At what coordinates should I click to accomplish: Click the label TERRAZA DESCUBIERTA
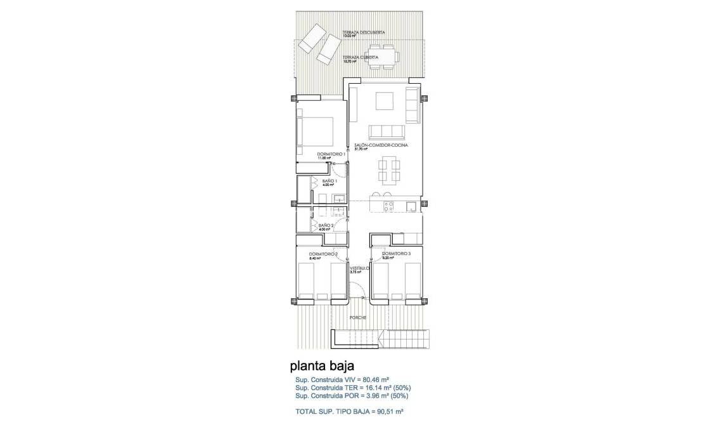tap(363, 32)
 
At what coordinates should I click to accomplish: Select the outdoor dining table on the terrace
tap(383, 56)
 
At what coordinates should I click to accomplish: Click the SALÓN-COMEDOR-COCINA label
tap(381, 145)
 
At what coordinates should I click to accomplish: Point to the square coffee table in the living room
tap(384, 102)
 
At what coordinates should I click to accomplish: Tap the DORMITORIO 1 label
tap(331, 154)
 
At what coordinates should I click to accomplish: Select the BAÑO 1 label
tap(329, 181)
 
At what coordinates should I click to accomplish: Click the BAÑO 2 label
tap(326, 225)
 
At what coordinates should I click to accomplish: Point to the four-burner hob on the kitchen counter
tap(389, 205)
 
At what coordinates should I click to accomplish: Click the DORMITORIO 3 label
tap(396, 254)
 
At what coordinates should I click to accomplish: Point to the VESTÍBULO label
tap(359, 268)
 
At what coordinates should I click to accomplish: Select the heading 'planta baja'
tap(321, 366)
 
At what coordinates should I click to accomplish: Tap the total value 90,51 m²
tap(385, 411)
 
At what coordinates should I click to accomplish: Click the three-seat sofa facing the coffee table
tap(387, 131)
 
